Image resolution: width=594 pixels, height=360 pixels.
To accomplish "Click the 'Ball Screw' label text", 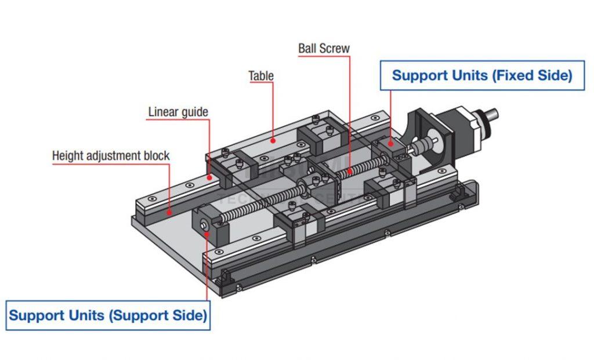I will tap(324, 48).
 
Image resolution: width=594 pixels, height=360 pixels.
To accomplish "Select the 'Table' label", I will tap(261, 76).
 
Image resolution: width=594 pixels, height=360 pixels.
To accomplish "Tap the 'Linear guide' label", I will tap(178, 112).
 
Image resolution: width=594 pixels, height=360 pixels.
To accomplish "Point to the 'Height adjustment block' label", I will tap(111, 156).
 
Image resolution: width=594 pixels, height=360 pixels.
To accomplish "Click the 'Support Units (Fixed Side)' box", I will tap(481, 75).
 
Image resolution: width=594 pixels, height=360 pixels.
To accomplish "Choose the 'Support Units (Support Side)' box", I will tap(108, 315).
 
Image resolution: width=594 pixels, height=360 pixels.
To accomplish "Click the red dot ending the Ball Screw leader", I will tap(350, 172).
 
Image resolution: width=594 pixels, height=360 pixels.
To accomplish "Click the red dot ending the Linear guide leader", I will tap(209, 176).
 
